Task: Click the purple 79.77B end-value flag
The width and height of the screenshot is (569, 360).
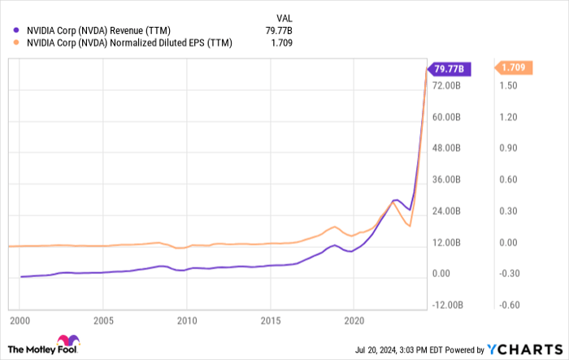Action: point(448,69)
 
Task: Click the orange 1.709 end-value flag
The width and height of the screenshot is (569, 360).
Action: point(515,68)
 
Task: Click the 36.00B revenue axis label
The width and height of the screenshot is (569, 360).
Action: point(446,180)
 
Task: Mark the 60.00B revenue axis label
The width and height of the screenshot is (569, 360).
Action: point(446,117)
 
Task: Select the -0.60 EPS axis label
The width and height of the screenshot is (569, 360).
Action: point(510,305)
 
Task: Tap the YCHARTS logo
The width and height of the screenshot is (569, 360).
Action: point(524,349)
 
